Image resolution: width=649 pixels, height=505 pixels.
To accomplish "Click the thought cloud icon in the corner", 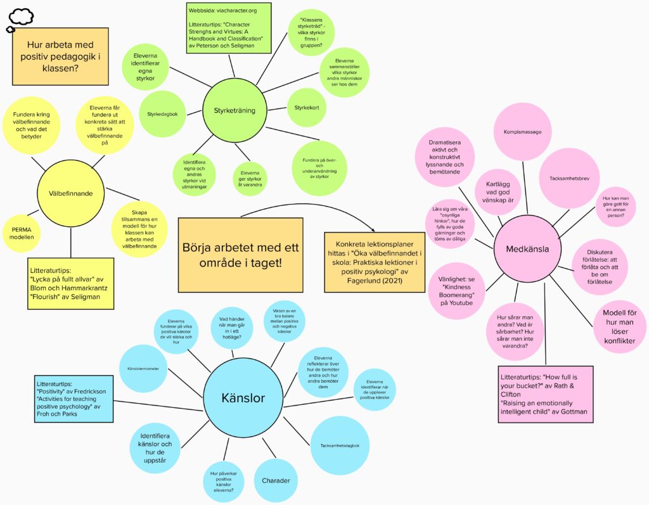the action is (x=20, y=20).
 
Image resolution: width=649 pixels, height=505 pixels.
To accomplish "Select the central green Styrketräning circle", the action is (x=235, y=110).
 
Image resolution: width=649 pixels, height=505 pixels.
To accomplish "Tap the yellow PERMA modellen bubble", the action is (x=22, y=233).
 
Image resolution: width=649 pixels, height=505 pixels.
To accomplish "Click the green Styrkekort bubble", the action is (x=307, y=108).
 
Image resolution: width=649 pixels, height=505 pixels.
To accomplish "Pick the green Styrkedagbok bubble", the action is (x=162, y=114).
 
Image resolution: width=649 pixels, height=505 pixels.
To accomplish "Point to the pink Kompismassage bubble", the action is (x=522, y=132).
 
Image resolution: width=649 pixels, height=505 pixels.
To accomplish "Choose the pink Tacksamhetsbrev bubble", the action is (x=569, y=179).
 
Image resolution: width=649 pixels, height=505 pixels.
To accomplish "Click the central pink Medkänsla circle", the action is (x=527, y=249).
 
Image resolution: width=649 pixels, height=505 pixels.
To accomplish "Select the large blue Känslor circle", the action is (x=243, y=398).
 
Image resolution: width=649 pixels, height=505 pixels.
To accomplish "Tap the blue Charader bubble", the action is (x=276, y=480).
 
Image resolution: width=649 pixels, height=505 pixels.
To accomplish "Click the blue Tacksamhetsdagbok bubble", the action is (x=340, y=445).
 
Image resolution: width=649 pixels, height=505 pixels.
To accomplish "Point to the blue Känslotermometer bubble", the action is (x=143, y=368).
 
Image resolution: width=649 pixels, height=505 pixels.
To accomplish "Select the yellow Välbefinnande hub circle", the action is (x=71, y=193).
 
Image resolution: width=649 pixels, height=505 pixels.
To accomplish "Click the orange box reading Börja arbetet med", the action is (x=240, y=255).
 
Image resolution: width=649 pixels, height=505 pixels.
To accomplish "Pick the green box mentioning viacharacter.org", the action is (x=229, y=28).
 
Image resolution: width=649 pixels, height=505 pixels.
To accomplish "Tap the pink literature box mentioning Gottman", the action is (x=546, y=394).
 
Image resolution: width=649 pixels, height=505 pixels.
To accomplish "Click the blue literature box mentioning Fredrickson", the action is (x=74, y=399).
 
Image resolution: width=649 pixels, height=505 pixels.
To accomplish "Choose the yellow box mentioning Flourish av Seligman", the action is (x=71, y=283).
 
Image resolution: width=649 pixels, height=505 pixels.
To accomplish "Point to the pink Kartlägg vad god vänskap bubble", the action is (x=498, y=192).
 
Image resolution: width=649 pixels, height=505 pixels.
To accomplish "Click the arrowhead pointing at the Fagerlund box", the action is (x=373, y=229).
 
